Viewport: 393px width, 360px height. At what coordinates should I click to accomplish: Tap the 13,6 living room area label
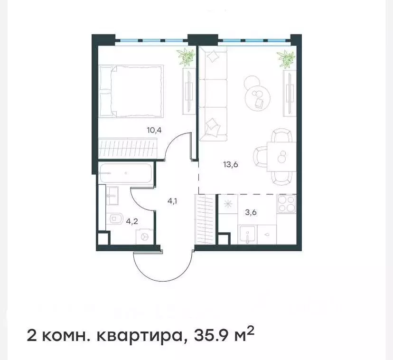click(230, 165)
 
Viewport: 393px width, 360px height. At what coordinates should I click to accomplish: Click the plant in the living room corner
click(286, 59)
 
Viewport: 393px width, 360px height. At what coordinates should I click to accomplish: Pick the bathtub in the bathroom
click(126, 174)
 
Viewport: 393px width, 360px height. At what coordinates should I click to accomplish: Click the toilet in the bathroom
click(114, 219)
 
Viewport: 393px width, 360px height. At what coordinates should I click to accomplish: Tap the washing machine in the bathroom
click(145, 237)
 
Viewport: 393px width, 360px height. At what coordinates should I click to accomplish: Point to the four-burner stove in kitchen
click(286, 204)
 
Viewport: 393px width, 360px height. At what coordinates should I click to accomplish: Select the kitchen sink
click(248, 234)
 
